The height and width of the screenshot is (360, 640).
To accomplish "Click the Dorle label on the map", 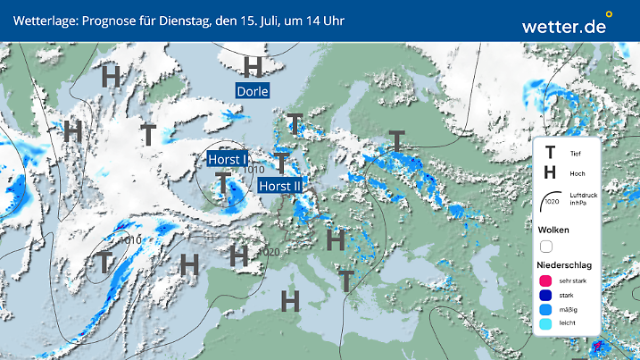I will click(x=252, y=91).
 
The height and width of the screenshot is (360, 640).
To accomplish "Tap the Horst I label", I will click(x=227, y=159).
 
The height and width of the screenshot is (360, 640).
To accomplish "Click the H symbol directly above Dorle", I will click(x=253, y=66).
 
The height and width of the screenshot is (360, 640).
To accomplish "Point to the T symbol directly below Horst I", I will click(x=222, y=182).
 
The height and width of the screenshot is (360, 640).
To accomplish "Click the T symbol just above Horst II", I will click(x=281, y=163).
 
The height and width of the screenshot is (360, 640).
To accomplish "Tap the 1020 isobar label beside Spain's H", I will click(x=270, y=253).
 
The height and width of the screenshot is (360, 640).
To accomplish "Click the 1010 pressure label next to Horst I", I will click(x=254, y=170).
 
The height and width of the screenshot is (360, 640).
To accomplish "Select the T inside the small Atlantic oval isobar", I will click(x=104, y=263).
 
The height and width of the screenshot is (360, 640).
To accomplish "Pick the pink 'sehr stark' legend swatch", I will click(x=544, y=281).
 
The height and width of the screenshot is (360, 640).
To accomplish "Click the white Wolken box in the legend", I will click(x=545, y=246).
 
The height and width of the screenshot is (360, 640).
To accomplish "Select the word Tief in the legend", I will click(x=575, y=155).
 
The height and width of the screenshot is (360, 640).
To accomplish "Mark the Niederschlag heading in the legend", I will click(x=565, y=265).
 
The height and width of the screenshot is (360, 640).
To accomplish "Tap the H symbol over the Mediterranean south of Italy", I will click(x=289, y=301).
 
